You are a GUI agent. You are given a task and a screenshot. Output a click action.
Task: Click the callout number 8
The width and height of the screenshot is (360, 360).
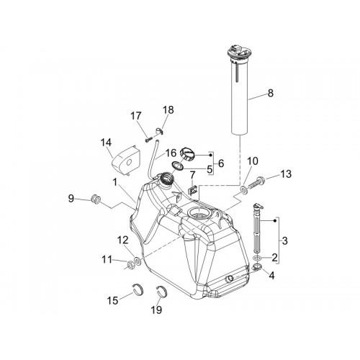coord(271,93)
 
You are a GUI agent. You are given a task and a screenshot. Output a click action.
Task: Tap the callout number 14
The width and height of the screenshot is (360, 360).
coord(106,143)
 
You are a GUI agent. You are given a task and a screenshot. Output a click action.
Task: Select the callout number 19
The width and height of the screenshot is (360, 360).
coord(156,310)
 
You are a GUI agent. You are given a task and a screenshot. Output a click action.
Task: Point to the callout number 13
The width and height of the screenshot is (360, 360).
coord(286,174)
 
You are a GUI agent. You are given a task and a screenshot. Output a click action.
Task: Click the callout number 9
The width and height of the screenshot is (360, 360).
coord(71,199)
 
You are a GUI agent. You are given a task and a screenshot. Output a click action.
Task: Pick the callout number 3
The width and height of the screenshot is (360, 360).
coord(284,240)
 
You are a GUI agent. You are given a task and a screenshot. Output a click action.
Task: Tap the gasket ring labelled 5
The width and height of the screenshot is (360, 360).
coord(177,166)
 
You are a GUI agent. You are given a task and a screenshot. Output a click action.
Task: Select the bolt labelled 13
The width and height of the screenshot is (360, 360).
coord(255,183)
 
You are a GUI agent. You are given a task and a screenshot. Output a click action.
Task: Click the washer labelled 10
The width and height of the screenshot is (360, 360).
coord(244,191)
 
